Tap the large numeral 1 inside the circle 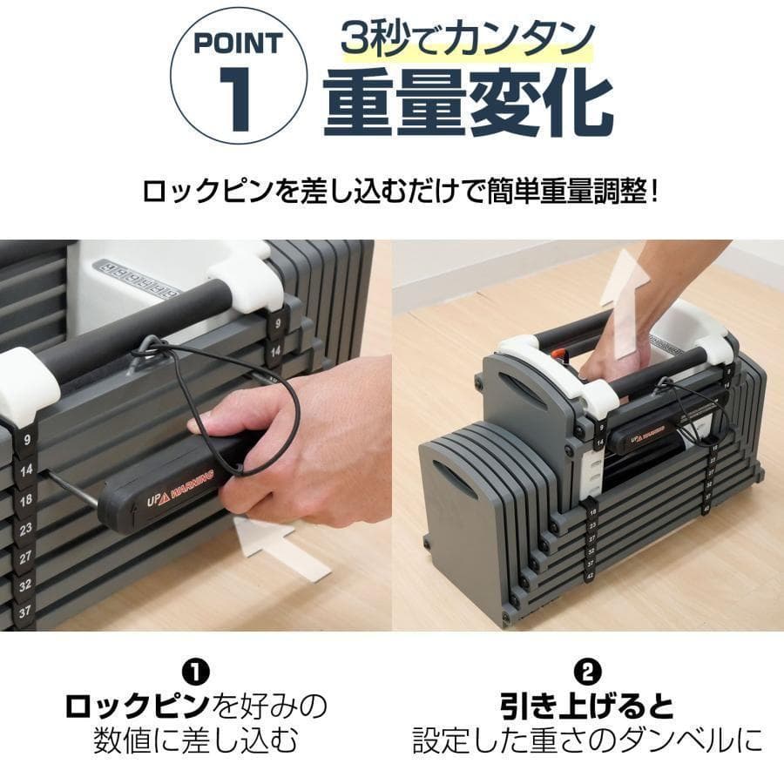pos(237,100)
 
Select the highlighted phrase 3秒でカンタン pos(468,39)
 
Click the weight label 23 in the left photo pos(25,528)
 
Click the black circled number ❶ pos(195,672)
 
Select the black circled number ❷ pos(588,672)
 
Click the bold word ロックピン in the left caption pos(138,705)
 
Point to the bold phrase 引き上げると pos(588,705)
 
